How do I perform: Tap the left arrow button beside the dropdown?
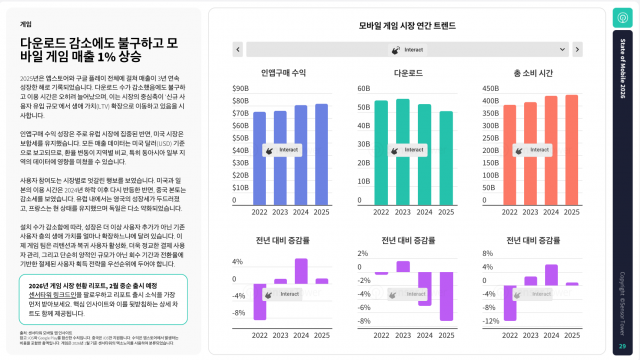point(237,48)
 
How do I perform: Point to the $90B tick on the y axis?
point(240,88)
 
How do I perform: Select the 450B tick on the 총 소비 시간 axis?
point(492,88)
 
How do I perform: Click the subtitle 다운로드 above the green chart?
point(407,73)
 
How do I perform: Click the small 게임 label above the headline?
point(25,22)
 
